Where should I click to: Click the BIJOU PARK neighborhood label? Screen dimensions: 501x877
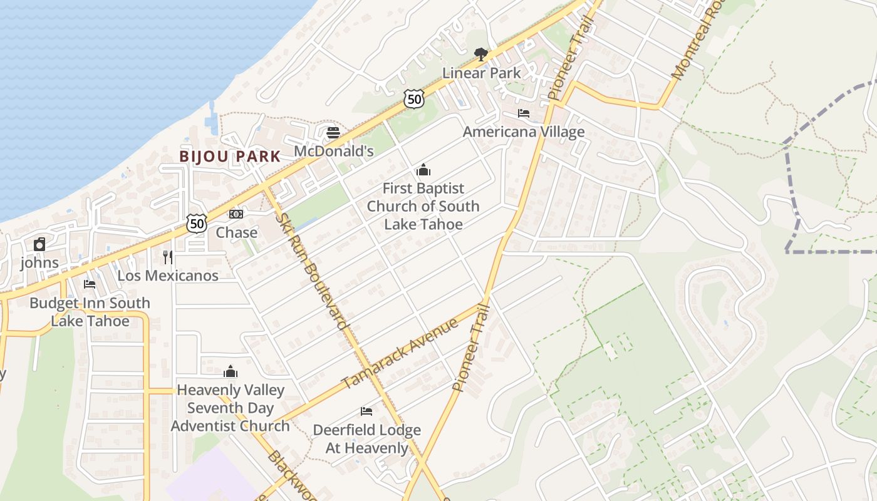[x=230, y=157]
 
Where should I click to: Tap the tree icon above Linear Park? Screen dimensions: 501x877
[x=481, y=54]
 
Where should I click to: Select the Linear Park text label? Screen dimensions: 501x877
[x=481, y=73]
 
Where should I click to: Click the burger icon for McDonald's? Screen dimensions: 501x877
[x=333, y=133]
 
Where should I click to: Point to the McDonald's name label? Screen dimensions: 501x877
[x=333, y=151]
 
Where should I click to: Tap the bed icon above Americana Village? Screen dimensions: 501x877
[x=524, y=113]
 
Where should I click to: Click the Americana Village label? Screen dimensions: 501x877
[x=524, y=132]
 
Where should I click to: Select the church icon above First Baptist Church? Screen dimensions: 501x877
[x=423, y=170]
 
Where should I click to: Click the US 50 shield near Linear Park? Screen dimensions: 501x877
[x=414, y=98]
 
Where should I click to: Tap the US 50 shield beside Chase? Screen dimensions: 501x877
[x=197, y=224]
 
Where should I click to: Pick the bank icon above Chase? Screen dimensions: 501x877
[x=236, y=214]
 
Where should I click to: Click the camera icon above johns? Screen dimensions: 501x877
[x=39, y=244]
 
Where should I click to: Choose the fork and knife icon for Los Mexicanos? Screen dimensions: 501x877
[x=168, y=257]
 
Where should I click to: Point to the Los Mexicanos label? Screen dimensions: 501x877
[x=168, y=276]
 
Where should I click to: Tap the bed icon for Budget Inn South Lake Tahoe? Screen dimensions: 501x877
[x=90, y=284]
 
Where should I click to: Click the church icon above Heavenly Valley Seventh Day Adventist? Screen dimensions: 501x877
[x=231, y=371]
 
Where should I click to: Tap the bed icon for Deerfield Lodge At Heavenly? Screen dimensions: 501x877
[x=366, y=411]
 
